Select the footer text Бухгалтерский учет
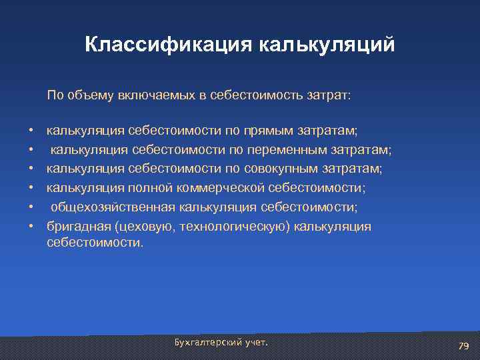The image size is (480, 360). click(x=221, y=342)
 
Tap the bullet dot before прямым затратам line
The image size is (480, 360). click(x=31, y=127)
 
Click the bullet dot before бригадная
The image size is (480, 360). click(x=31, y=227)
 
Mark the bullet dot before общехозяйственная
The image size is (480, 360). click(x=31, y=208)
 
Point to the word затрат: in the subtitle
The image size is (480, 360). click(x=329, y=95)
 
